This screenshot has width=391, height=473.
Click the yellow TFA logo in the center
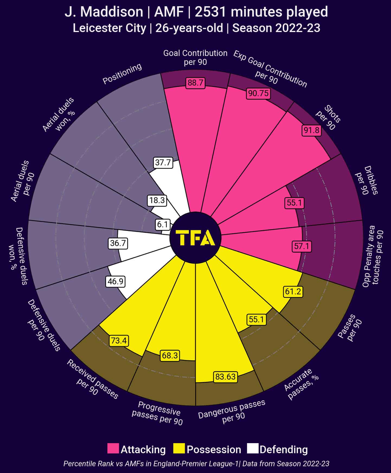pos(195,238)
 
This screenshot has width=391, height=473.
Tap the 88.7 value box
pos(195,83)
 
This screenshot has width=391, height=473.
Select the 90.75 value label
pos(258,93)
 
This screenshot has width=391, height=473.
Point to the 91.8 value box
pos(312,130)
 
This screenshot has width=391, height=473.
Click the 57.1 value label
pos(302,246)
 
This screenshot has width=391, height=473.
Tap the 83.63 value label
pos(226,377)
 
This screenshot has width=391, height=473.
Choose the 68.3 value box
pos(170,355)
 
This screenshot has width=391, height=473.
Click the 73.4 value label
pos(119,340)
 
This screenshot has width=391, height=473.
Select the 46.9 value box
pos(116,281)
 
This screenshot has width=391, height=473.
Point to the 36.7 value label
pos(118,243)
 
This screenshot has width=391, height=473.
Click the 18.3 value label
pos(157,200)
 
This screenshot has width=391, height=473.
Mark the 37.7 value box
pos(163,163)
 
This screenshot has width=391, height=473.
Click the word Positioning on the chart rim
pos(122,74)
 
